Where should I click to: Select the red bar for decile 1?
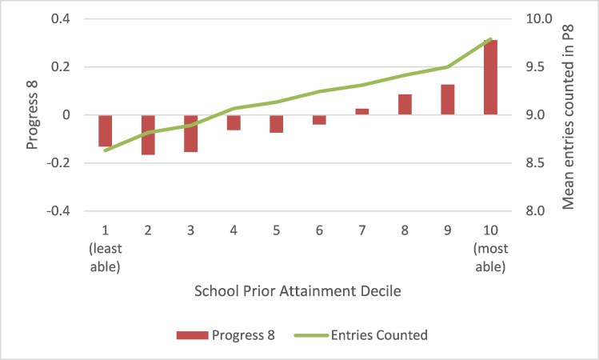[x=105, y=131]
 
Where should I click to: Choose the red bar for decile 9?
[x=447, y=100]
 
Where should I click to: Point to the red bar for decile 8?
[x=405, y=105]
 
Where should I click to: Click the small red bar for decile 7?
[x=361, y=112]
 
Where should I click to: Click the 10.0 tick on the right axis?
[x=531, y=19]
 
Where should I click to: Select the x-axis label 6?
[x=319, y=230]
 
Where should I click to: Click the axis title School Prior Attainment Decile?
[x=298, y=292]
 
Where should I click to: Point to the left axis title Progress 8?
[x=32, y=115]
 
